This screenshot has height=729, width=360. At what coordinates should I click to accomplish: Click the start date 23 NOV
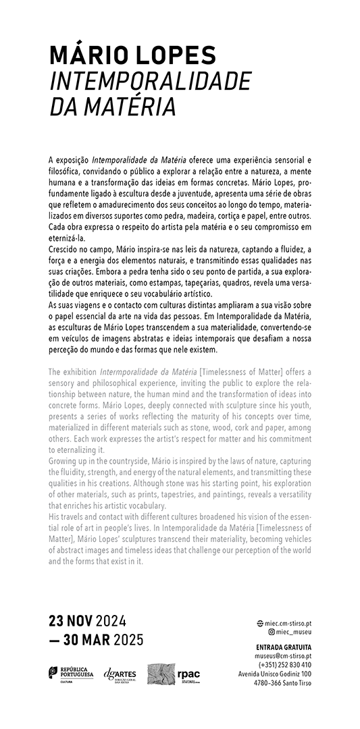pyautogui.click(x=70, y=622)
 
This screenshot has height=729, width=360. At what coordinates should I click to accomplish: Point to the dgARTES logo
pyautogui.click(x=120, y=674)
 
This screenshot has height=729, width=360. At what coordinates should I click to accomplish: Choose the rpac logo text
pyautogui.click(x=188, y=674)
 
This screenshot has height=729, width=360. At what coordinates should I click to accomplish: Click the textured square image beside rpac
pyautogui.click(x=160, y=674)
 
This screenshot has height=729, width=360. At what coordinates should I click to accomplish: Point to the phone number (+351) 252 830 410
pyautogui.click(x=284, y=664)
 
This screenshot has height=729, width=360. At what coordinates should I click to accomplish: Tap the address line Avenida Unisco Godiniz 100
pyautogui.click(x=275, y=674)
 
